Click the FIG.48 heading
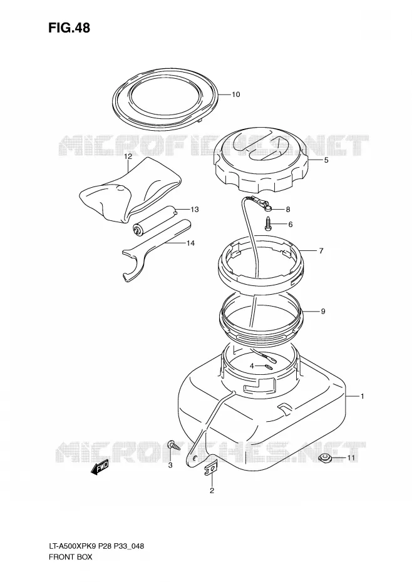pyautogui.click(x=69, y=28)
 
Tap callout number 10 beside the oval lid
pyautogui.click(x=236, y=94)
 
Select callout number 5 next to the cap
pyautogui.click(x=326, y=160)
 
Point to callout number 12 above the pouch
pyautogui.click(x=128, y=156)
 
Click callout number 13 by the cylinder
pyautogui.click(x=195, y=210)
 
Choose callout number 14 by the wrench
pyautogui.click(x=190, y=243)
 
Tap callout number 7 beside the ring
pyautogui.click(x=321, y=251)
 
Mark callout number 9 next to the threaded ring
pyautogui.click(x=323, y=312)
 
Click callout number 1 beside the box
pyautogui.click(x=362, y=396)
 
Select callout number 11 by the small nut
pyautogui.click(x=351, y=458)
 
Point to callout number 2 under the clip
pyautogui.click(x=212, y=491)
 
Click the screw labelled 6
pyautogui.click(x=269, y=223)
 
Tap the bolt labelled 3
pyautogui.click(x=173, y=444)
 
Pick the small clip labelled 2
pyautogui.click(x=210, y=469)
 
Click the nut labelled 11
pyautogui.click(x=326, y=458)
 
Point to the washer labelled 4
pyautogui.click(x=269, y=367)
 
